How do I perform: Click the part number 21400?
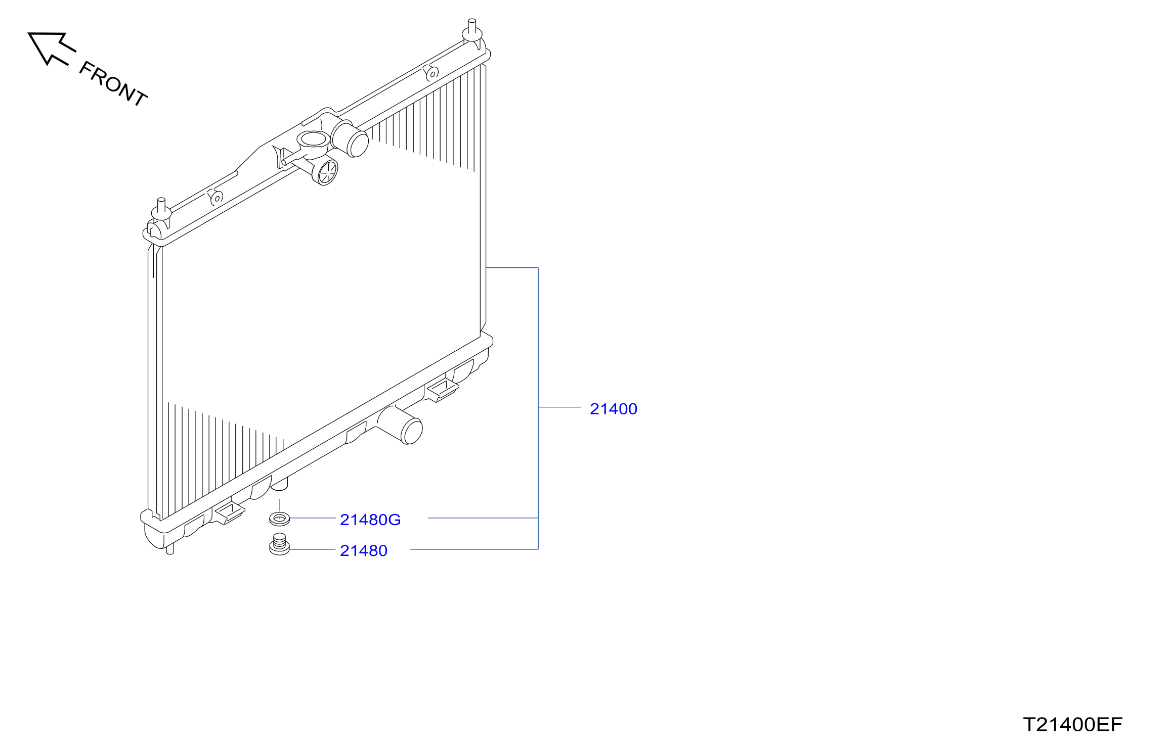coord(613,409)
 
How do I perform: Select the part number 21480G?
coord(370,520)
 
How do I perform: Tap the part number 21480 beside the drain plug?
coord(364,551)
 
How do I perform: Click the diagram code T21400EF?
coord(1072,725)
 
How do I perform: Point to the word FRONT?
coord(113,83)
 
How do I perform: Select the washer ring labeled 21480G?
coord(280,519)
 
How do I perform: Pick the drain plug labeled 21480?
coord(279,544)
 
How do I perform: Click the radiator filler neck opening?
coord(313,139)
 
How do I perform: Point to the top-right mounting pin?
coord(472,30)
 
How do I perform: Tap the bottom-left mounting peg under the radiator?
coord(170,549)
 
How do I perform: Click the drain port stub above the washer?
coord(280,484)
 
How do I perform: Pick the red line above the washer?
coord(280,505)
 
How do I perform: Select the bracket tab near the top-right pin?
coord(431,73)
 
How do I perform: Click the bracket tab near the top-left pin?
coord(216,197)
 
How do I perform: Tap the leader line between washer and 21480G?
coord(313,518)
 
